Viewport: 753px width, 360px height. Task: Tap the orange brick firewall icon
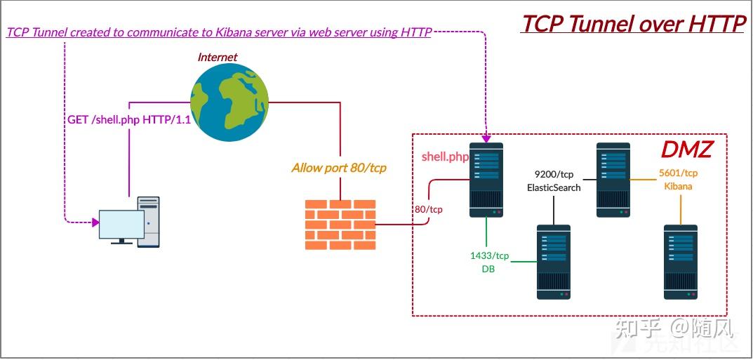point(340,225)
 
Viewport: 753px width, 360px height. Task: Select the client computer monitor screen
point(121,225)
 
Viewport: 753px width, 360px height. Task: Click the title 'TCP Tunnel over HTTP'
point(633,23)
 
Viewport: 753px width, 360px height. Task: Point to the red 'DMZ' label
point(686,149)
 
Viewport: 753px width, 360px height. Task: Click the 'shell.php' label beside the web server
point(445,156)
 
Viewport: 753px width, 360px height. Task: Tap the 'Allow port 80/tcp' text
point(339,168)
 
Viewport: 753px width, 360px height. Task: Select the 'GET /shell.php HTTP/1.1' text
point(129,120)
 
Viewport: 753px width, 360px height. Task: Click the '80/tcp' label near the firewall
point(429,209)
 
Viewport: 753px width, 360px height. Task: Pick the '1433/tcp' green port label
point(490,255)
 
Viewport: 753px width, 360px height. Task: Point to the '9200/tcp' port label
point(554,174)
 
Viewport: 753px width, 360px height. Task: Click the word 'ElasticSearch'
point(554,187)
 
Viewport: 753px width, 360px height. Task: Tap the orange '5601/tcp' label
point(678,173)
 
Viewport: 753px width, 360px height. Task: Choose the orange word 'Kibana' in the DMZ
point(678,186)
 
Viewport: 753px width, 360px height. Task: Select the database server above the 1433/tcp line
point(554,261)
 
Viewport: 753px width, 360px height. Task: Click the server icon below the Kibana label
point(681,261)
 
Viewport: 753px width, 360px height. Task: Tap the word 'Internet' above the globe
point(218,57)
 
